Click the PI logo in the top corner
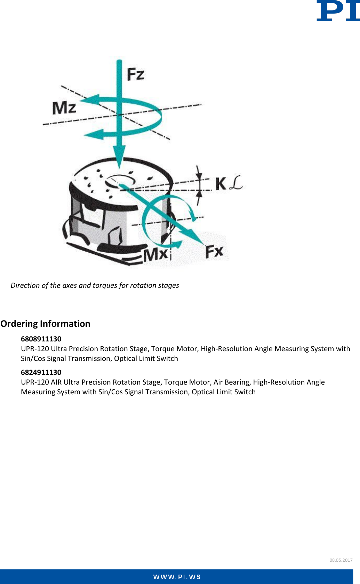point(337,11)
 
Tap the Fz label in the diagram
point(135,74)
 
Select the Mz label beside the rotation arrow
point(64,108)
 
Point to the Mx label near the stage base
point(156,254)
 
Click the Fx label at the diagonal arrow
point(214,251)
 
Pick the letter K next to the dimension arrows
point(221,183)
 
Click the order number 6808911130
point(41,339)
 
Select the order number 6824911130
point(41,372)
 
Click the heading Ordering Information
point(45,324)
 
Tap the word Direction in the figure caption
point(25,285)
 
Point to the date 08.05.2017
point(341,560)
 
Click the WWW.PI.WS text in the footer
point(177,577)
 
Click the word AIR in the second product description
point(56,382)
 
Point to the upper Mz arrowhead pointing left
point(89,100)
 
